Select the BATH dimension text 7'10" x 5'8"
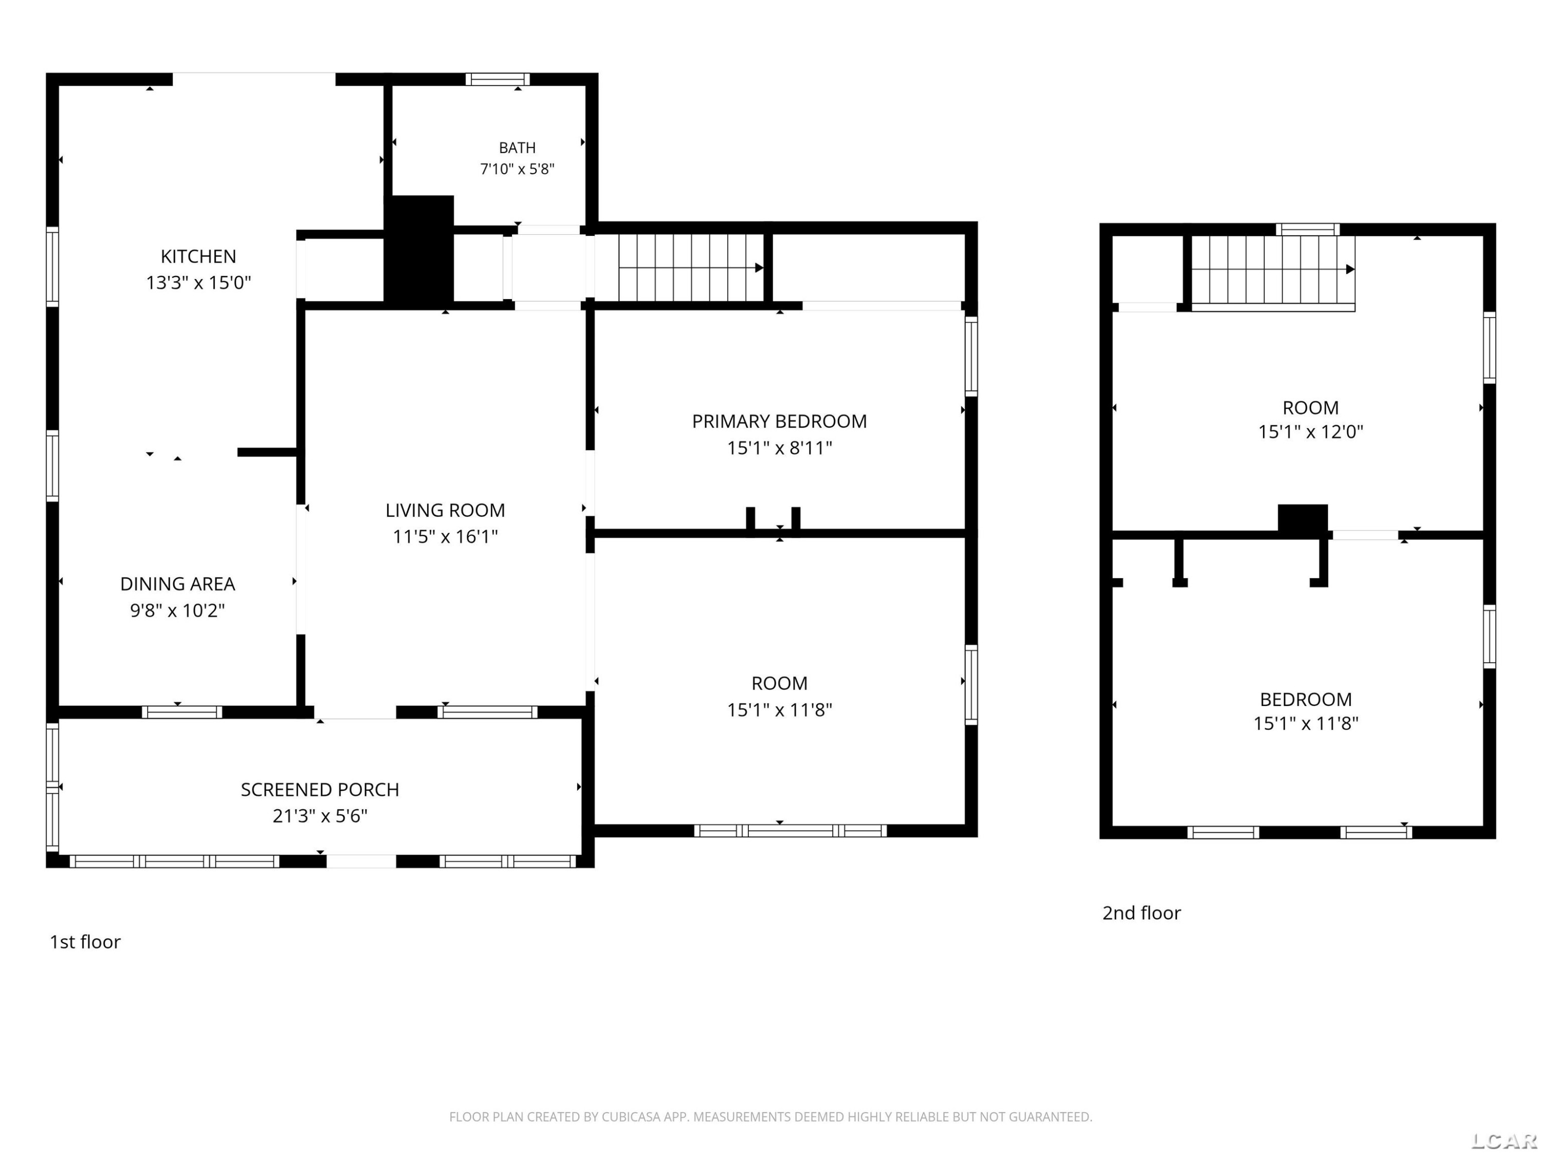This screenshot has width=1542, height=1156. point(517,169)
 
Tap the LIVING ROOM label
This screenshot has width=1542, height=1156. point(446,510)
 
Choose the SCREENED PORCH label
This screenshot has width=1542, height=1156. point(320,790)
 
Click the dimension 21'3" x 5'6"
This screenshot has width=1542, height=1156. point(320,815)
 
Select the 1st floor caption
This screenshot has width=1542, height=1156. point(85,942)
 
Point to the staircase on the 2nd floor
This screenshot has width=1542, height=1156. point(1273,272)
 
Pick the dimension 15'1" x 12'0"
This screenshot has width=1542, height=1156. point(1311,432)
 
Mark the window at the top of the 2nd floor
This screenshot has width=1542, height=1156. point(1308,229)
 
